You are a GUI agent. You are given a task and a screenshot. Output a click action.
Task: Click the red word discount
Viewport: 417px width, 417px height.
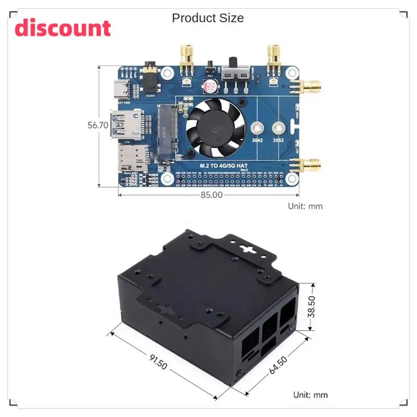coord(63,28)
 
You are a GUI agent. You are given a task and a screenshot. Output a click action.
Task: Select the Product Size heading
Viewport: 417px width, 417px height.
coord(207,18)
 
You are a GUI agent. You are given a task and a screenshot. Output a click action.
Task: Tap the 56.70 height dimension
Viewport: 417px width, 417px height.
coord(97,125)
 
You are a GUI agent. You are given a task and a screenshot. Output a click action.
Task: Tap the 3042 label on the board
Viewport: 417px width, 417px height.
coord(257,140)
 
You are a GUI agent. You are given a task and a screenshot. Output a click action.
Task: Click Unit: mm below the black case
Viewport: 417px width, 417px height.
coord(310,395)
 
